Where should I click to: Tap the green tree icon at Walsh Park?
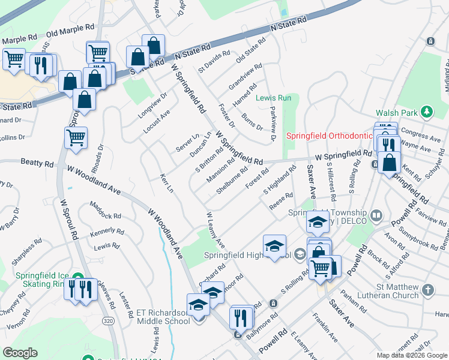[x=427, y=112]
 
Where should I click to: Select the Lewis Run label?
[x=273, y=98]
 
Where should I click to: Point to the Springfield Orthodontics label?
[x=328, y=136]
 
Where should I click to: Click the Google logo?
[x=20, y=353]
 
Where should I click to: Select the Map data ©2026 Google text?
[x=412, y=355]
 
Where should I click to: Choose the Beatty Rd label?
[x=37, y=163]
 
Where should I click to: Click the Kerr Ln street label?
[x=167, y=184]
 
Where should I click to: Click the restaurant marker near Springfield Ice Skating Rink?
[x=80, y=289]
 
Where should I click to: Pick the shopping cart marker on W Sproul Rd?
[x=76, y=137]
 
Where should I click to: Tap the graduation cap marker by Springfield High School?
[x=274, y=245]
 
